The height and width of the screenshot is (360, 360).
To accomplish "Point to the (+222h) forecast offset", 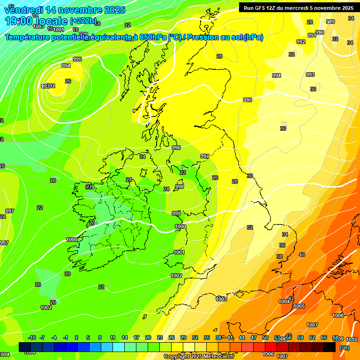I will tap(83, 21).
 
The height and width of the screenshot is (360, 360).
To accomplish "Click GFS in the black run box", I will tap(262, 7).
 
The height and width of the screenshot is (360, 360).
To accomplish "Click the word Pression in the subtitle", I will tap(202, 37).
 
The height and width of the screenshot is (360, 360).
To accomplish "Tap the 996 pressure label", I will tap(176, 148).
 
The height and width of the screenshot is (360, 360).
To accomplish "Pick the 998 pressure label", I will tap(180, 187).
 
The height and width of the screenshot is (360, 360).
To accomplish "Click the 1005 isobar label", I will tap(299, 306).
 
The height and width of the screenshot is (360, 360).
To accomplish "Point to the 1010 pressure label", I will tap(352, 339).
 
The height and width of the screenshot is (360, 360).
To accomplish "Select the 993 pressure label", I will tap(310, 75).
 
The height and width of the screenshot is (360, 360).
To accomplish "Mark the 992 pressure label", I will tap(301, 42).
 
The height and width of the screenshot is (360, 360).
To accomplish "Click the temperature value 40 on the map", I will tap(301, 255).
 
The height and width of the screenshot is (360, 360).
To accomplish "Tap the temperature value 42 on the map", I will tap(291, 299).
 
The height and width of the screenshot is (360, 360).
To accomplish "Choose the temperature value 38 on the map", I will tap(279, 256).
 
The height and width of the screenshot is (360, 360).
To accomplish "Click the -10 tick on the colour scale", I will tap(32, 337).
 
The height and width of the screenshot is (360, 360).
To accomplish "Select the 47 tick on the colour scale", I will tap(253, 337).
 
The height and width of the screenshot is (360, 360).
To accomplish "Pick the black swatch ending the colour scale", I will tap(330, 347).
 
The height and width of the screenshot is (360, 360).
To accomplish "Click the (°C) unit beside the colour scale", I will tap(344, 347).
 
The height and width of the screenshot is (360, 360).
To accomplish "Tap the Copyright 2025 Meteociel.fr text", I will tap(198, 356).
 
